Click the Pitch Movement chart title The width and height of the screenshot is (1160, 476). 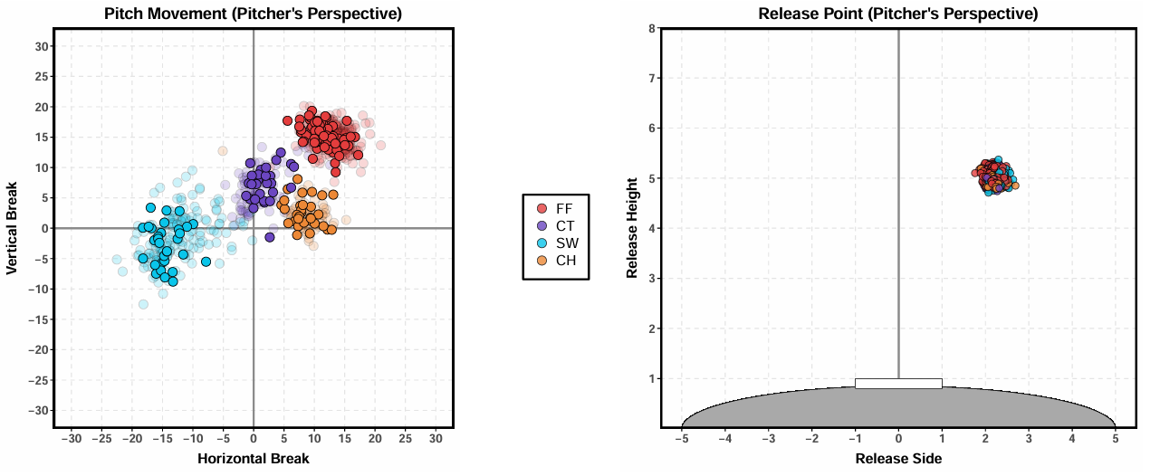pos(253,14)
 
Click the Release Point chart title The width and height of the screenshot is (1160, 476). pos(898,14)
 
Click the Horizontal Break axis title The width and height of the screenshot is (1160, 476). pos(253,459)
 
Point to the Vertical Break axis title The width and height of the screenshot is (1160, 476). pos(13,228)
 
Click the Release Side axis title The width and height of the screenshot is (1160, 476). pos(898,459)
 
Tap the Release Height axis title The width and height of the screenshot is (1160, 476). pos(633,228)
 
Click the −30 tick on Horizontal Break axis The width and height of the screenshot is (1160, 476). pos(72,439)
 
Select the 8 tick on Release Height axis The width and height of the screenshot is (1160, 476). pos(651,28)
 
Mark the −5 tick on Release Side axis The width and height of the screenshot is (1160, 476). pos(681,439)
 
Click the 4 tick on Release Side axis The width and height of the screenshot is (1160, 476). pos(1072,439)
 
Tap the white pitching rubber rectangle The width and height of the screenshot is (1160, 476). pos(898,384)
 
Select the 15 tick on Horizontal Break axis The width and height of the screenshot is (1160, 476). pos(344,439)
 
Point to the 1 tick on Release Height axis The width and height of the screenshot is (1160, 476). pos(651,378)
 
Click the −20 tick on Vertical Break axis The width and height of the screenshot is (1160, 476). pos(39,349)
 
